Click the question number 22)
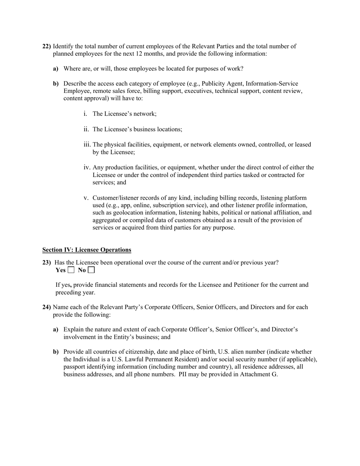[47, 46]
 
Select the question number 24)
[47, 307]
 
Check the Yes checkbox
[71, 270]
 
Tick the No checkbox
[91, 270]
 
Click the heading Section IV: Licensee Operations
[87, 250]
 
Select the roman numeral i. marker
[85, 114]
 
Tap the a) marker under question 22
[56, 69]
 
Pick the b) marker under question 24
[56, 352]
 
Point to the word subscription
[167, 205]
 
